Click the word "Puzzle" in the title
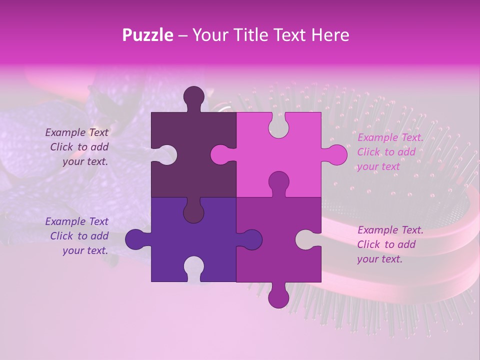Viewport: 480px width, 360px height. tap(148, 35)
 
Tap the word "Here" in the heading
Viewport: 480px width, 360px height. tap(329, 35)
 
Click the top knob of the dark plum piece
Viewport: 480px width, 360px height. tap(194, 97)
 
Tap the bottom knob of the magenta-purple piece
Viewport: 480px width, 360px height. tap(278, 296)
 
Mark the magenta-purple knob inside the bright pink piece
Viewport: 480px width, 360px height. tap(278, 182)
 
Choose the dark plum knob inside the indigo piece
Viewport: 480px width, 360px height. tap(193, 212)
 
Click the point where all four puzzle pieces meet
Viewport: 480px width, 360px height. tap(236, 197)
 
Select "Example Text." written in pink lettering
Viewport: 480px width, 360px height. tap(390, 137)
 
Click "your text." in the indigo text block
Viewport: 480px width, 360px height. tap(85, 250)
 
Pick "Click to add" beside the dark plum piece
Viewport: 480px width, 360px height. tap(79, 147)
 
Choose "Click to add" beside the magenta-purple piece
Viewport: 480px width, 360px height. tap(386, 244)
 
